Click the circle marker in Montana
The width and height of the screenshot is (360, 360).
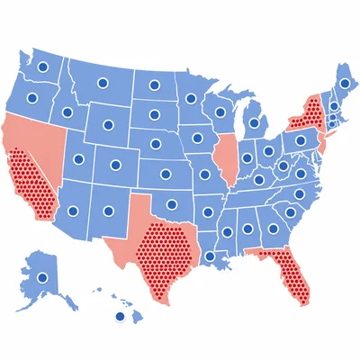coord(102,83)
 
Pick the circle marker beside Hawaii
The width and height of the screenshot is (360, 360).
coord(118,317)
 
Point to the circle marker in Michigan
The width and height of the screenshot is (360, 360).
coord(255,122)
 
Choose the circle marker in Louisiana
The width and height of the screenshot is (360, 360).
coord(211,256)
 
